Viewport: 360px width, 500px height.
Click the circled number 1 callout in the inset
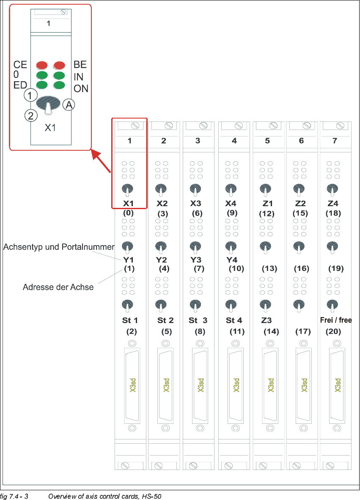pyautogui.click(x=30, y=95)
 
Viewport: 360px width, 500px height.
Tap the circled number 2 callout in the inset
pyautogui.click(x=30, y=115)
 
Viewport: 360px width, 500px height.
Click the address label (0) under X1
pyautogui.click(x=129, y=213)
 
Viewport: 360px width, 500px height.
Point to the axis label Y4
pyautogui.click(x=232, y=260)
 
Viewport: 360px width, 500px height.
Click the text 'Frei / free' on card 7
pyautogui.click(x=336, y=320)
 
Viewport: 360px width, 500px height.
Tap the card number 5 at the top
pyautogui.click(x=267, y=141)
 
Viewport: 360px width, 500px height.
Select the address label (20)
pyautogui.click(x=333, y=331)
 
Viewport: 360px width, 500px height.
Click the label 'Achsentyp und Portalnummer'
pyautogui.click(x=59, y=247)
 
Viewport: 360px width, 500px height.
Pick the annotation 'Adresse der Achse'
pyautogui.click(x=58, y=287)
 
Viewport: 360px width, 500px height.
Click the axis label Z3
pyautogui.click(x=267, y=320)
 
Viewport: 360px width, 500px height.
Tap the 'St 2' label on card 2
pyautogui.click(x=165, y=320)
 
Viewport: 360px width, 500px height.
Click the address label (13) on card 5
pyautogui.click(x=269, y=268)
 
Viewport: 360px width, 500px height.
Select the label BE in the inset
pyautogui.click(x=80, y=64)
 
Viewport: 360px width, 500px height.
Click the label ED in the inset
pyautogui.click(x=20, y=85)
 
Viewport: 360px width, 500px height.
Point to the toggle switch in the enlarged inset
pyautogui.click(x=48, y=105)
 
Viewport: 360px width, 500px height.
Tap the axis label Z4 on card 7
pyautogui.click(x=333, y=204)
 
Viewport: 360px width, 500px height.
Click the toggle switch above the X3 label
pyautogui.click(x=195, y=189)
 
